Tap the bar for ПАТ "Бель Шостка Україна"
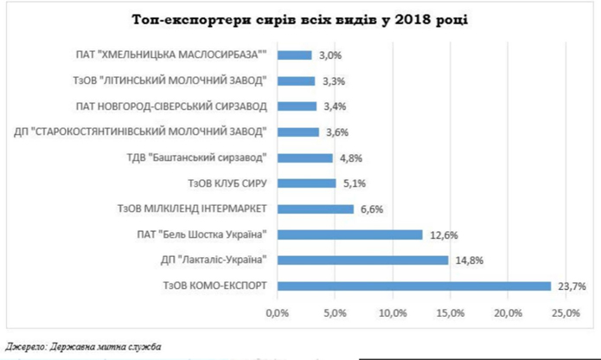point(349,235)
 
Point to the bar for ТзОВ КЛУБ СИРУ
point(306,183)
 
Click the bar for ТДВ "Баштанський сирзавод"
point(304,157)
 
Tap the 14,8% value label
point(466,260)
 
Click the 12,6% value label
point(441,235)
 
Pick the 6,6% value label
point(371,209)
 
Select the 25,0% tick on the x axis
point(566,312)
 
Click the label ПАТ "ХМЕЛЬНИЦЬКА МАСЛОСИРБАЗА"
point(171,55)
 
